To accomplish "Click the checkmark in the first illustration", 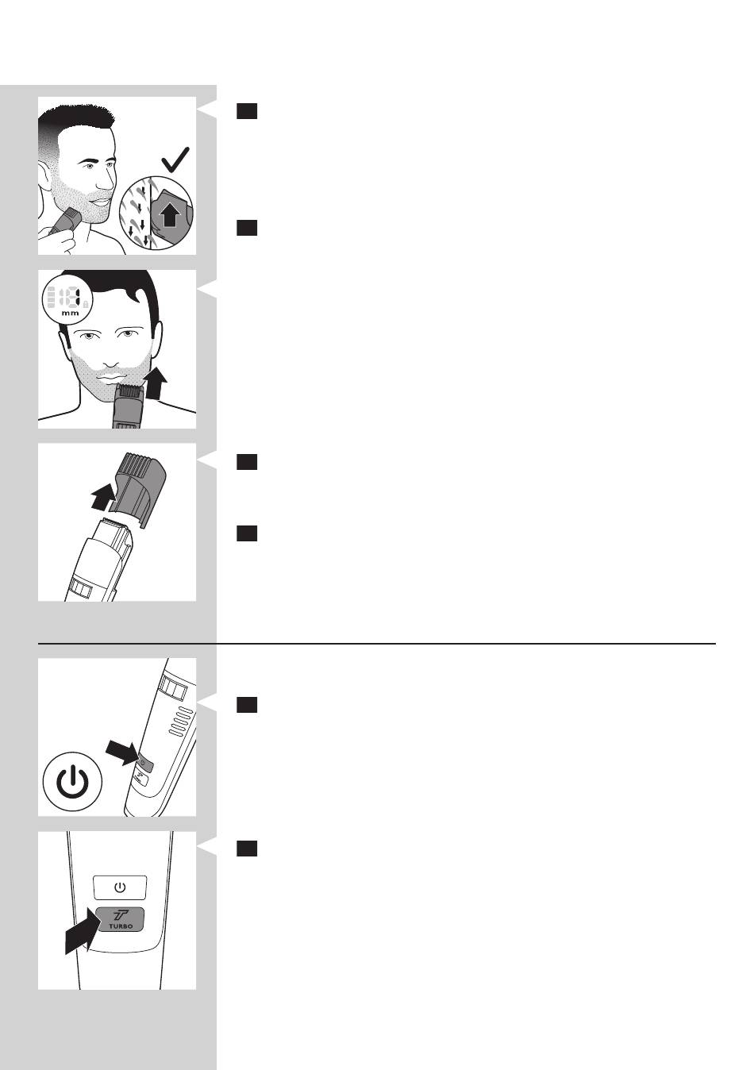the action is (x=175, y=160).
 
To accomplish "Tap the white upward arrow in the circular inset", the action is (x=170, y=215).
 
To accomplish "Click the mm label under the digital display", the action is (x=70, y=314).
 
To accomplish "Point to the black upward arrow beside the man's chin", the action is (x=156, y=383).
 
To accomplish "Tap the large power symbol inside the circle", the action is (x=72, y=782).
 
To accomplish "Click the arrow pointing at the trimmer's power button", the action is (x=122, y=752).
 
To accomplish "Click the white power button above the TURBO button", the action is (x=119, y=887).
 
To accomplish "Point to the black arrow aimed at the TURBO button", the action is (x=84, y=930).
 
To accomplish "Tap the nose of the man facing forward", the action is (x=111, y=357).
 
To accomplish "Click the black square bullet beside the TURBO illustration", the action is (x=247, y=849).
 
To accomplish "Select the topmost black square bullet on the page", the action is (x=247, y=111).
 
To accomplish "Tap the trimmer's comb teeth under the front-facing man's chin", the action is (x=129, y=391).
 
